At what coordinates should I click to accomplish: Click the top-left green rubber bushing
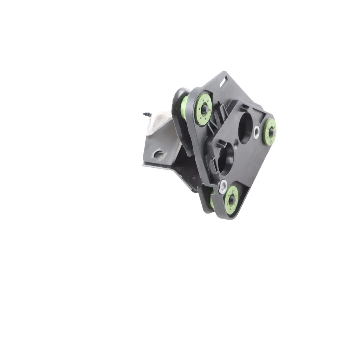point(203,109)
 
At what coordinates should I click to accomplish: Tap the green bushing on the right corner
point(269,132)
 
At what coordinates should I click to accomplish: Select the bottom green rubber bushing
point(231,199)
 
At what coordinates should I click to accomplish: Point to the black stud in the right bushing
point(271,132)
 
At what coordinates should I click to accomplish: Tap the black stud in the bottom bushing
point(232,200)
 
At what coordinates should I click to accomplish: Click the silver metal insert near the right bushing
point(256,132)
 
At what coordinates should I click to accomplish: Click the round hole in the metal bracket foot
point(158,154)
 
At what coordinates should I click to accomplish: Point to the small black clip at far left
point(147,114)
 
